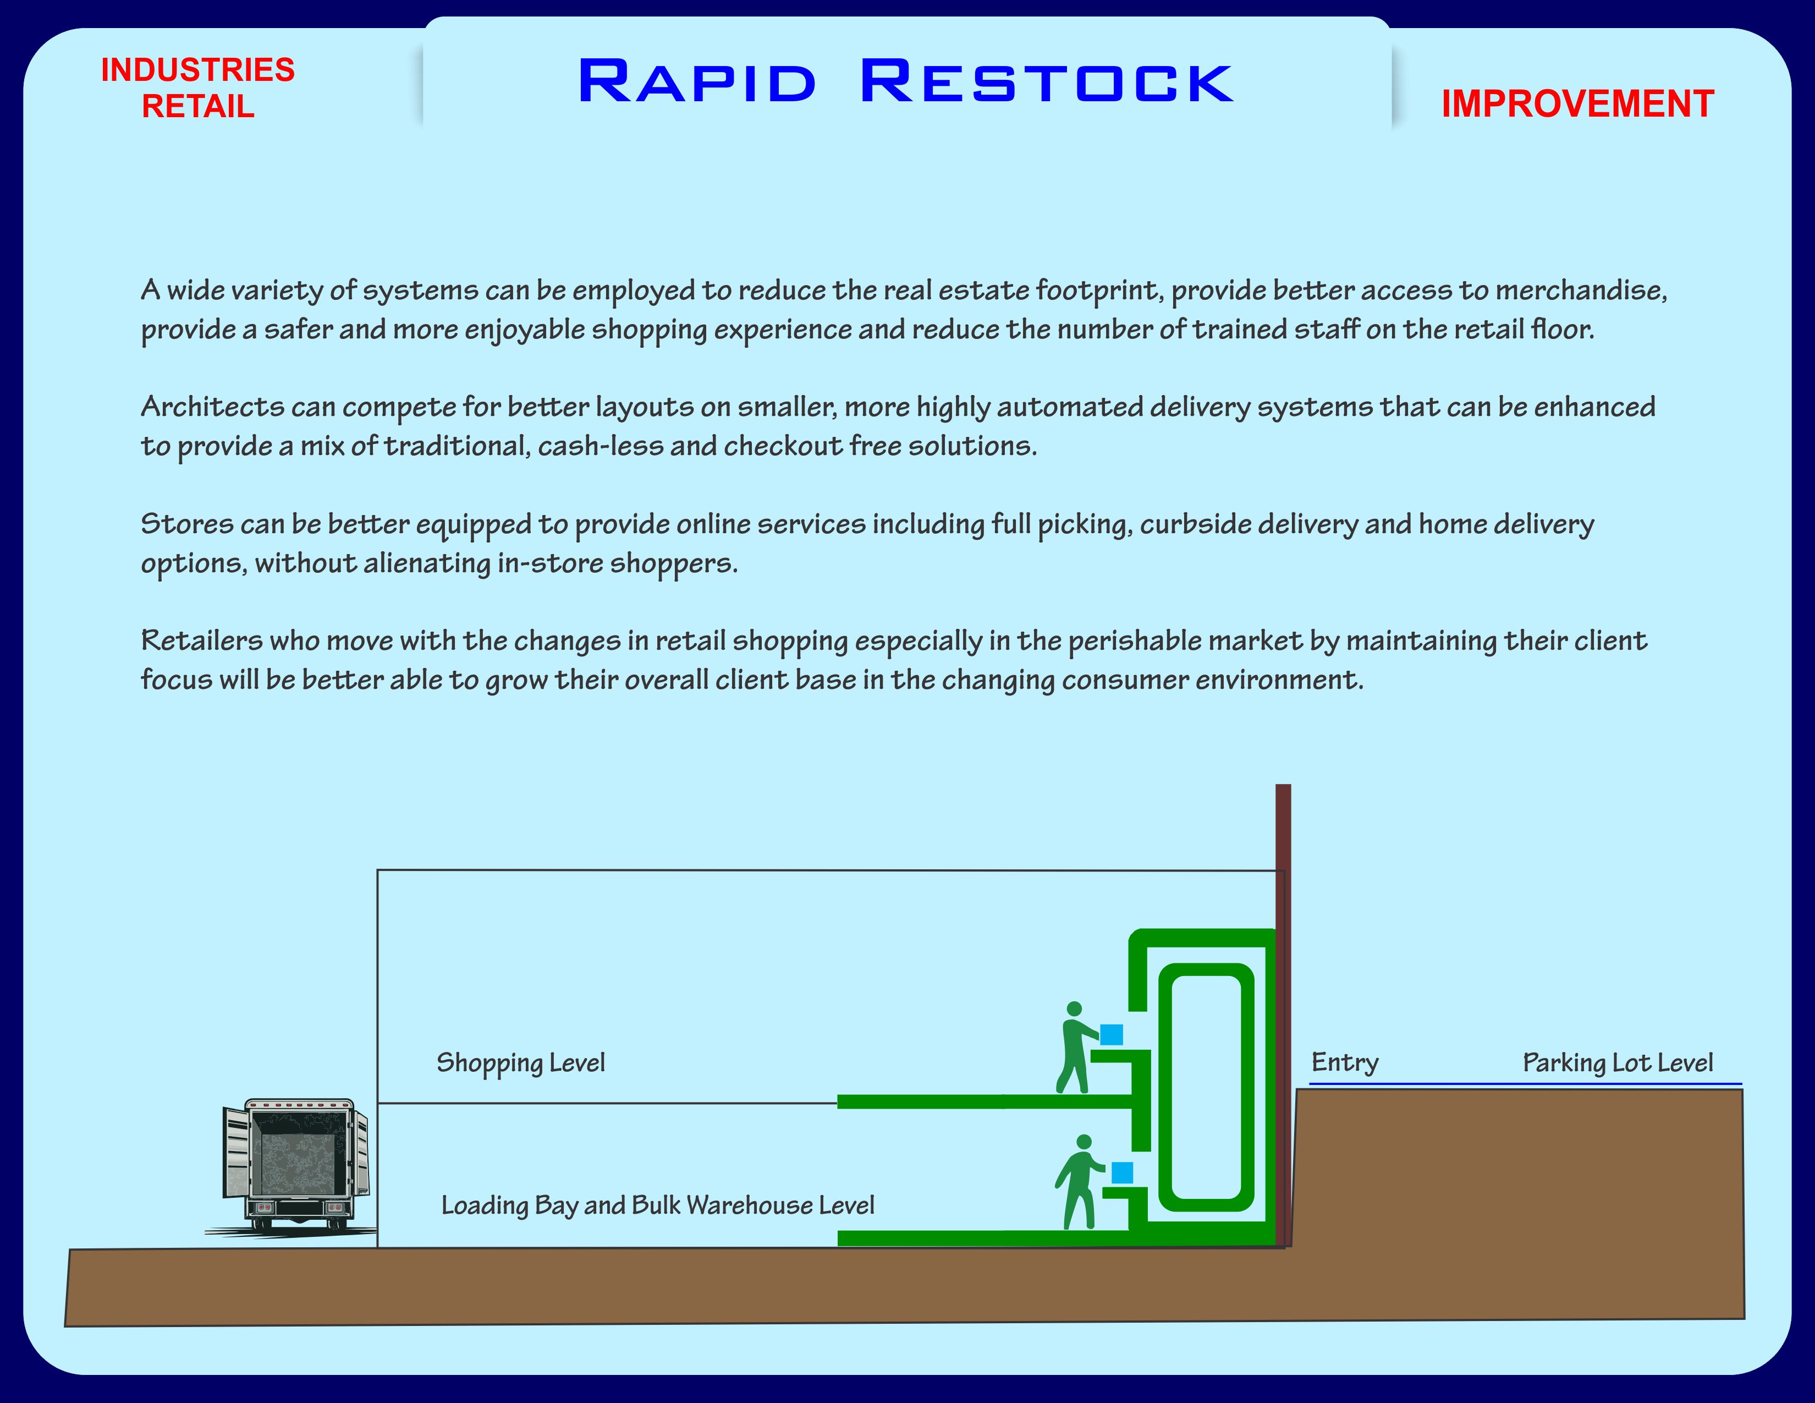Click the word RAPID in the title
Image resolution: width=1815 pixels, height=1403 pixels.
pyautogui.click(x=696, y=83)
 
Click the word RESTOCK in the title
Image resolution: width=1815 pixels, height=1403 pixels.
pyautogui.click(x=1046, y=83)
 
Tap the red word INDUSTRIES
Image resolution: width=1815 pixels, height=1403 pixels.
pyautogui.click(x=198, y=70)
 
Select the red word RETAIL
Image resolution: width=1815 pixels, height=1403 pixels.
pyautogui.click(x=198, y=106)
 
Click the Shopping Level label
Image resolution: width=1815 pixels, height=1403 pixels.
pyautogui.click(x=520, y=1063)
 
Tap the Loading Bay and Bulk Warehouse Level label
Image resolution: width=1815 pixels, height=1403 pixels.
pyautogui.click(x=657, y=1205)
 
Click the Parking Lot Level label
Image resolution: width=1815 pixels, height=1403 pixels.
pyautogui.click(x=1617, y=1063)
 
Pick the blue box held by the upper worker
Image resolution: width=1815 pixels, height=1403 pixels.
pyautogui.click(x=1111, y=1035)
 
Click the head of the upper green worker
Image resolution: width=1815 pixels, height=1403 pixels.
pyautogui.click(x=1074, y=1009)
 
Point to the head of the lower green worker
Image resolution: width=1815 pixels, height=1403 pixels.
pyautogui.click(x=1083, y=1142)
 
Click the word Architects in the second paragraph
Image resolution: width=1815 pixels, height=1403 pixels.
pyautogui.click(x=213, y=407)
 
